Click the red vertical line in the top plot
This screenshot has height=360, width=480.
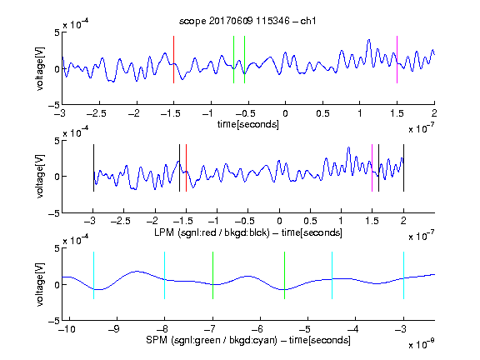pos(173,59)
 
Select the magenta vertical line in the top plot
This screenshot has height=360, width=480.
pos(397,59)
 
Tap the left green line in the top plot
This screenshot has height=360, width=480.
pos(233,59)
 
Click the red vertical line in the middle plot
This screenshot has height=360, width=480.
pos(186,168)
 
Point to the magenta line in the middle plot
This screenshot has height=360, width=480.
pos(372,168)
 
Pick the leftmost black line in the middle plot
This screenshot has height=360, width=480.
pos(93,168)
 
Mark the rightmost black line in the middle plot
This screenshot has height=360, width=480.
pos(403,168)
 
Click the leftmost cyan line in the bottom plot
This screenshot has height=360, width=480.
pos(93,275)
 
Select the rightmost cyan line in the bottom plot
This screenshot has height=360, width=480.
pos(403,275)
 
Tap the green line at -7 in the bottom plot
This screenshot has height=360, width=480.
pos(212,275)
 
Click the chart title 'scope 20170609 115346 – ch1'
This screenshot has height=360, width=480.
pos(247,21)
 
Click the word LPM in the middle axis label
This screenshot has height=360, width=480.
pos(164,232)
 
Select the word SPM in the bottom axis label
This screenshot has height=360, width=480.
pos(157,340)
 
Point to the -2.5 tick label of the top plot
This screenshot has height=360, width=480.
pos(97,113)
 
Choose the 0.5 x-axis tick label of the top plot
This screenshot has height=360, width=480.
pos(322,113)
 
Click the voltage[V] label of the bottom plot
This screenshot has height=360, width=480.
pos(40,284)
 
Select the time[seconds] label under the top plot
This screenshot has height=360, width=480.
pos(248,124)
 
